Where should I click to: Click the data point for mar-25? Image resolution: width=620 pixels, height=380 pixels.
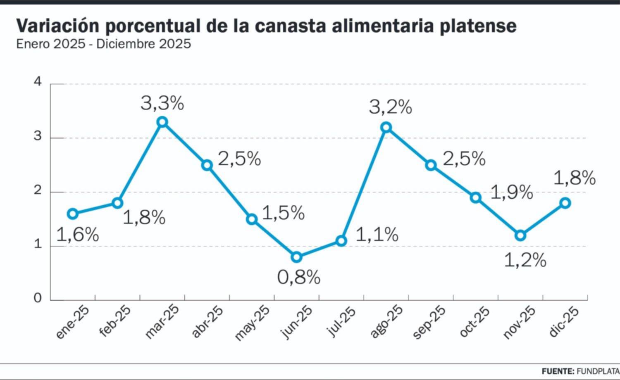click(162, 122)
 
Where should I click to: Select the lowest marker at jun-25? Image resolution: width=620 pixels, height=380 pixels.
click(296, 257)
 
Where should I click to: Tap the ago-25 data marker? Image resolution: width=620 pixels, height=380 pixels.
click(386, 127)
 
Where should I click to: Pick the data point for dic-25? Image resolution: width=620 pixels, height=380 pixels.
click(565, 203)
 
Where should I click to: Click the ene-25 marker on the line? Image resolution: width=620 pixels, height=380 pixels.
click(73, 214)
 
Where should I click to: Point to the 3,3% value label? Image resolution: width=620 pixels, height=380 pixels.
click(162, 103)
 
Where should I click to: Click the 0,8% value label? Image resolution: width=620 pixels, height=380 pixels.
click(298, 277)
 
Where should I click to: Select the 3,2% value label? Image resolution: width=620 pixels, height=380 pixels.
click(390, 107)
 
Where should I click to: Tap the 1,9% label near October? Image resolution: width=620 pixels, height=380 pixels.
click(511, 192)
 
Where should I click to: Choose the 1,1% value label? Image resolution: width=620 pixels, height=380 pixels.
click(377, 235)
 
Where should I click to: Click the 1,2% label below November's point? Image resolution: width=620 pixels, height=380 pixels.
click(525, 260)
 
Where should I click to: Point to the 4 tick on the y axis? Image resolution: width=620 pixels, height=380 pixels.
click(38, 82)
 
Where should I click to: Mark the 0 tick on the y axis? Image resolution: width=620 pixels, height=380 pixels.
click(38, 298)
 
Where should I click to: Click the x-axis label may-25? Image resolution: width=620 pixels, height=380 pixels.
click(252, 323)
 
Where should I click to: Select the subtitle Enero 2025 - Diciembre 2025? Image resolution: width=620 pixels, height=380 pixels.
click(104, 44)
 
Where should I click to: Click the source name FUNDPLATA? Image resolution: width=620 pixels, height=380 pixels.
click(598, 371)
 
